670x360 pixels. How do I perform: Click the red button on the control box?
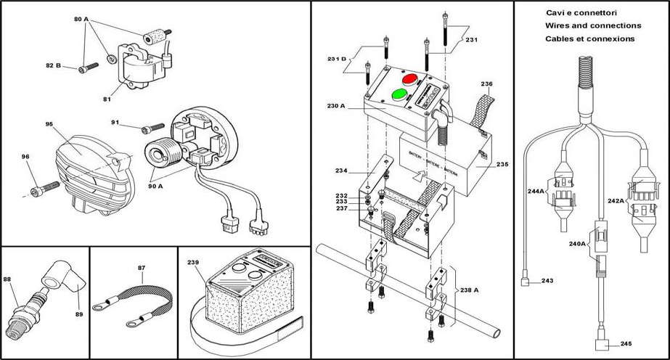click(409, 78)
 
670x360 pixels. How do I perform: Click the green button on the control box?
click(399, 94)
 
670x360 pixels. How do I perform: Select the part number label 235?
click(502, 164)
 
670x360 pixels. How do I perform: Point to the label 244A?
click(537, 192)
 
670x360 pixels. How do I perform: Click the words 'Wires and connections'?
click(589, 25)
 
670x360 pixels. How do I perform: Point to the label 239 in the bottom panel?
click(192, 263)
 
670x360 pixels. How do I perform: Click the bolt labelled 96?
click(37, 192)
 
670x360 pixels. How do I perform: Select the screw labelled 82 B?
click(86, 67)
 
